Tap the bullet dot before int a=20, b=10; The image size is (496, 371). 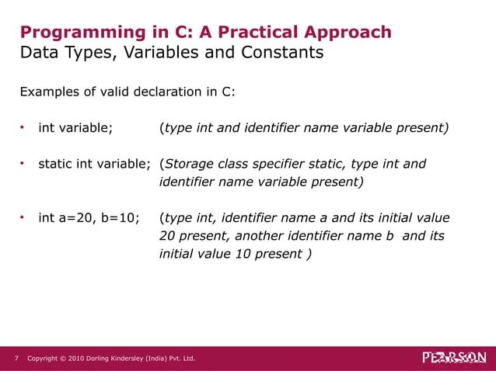[23, 217]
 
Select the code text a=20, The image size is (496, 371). [75, 218]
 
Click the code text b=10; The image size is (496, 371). [118, 218]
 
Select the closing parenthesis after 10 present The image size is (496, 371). [311, 253]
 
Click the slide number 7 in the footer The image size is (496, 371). [16, 359]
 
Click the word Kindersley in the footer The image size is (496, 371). [138, 359]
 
